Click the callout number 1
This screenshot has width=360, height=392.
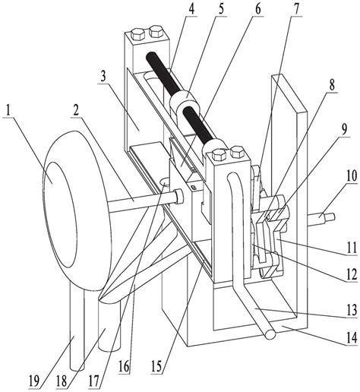coord(8,110)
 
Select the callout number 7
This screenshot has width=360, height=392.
coord(296,8)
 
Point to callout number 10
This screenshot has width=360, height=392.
coord(352,176)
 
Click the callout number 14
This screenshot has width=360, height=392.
coord(352,337)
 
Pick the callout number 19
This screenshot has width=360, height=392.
coord(34,381)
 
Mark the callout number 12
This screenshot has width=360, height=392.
coord(352,275)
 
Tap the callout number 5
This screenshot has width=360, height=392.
coord(221,8)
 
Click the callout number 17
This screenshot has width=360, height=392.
coord(93,381)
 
